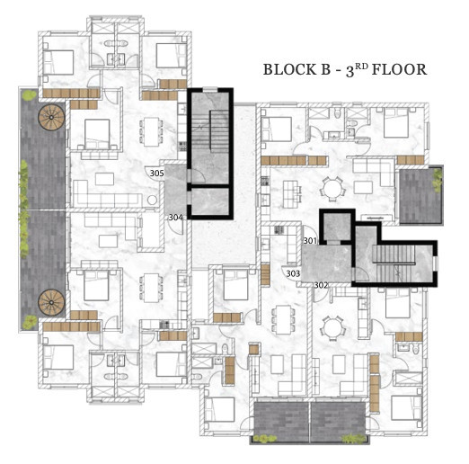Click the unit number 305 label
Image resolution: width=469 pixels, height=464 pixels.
coord(156,174)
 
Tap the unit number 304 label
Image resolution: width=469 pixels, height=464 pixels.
coord(175,218)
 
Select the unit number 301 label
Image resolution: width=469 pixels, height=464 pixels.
coord(310,241)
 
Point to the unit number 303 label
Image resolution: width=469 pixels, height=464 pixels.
coord(293,273)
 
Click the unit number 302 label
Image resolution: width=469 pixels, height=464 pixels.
coord(321,285)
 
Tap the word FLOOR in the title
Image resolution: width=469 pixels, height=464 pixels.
coord(399,69)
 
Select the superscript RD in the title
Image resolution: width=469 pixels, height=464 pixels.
coord(361,67)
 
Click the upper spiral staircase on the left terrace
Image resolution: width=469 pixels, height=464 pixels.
coord(51,117)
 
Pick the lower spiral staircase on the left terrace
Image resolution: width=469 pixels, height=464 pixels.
coord(51,302)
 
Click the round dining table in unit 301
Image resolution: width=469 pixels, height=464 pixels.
coord(331,189)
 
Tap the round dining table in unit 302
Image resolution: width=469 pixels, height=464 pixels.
coord(332,328)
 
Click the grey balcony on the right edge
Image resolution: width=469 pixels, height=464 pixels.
coord(420,195)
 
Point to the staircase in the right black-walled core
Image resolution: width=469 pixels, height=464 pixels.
coord(394,263)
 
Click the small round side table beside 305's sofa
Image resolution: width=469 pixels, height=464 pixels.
coord(153,200)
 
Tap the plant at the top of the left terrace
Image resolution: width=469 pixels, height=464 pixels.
coord(29,95)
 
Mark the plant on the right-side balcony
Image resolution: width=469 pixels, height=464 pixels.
coord(438,179)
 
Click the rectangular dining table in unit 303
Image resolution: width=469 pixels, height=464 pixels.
coord(283,320)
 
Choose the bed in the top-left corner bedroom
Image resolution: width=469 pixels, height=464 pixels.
coord(58,62)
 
